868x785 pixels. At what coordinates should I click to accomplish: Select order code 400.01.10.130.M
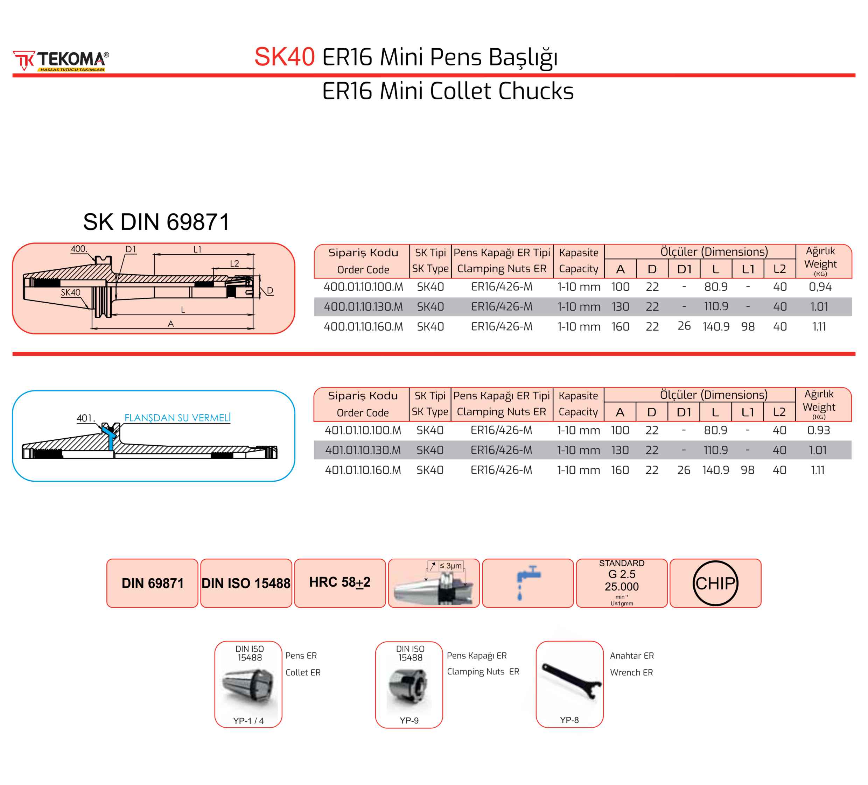coord(363,306)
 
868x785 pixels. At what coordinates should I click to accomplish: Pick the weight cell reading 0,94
coord(820,287)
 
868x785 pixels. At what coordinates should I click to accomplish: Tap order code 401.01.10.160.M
coord(363,470)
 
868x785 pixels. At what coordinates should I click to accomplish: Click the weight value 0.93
coord(818,430)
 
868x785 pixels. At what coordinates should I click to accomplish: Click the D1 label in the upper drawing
coord(131,249)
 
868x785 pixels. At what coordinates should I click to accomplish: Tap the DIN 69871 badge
coord(152,583)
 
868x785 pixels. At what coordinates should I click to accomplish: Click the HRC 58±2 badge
coord(340,582)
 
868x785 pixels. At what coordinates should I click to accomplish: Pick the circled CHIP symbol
coord(715,583)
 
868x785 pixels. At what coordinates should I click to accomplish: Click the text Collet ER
coord(303,672)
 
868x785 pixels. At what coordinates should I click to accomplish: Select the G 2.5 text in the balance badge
coord(621,574)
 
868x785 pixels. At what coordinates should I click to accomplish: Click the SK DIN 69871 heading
coord(156,222)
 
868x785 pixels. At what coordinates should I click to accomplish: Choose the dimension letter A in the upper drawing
coord(171,324)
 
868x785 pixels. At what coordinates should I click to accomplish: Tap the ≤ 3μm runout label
coord(450,566)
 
